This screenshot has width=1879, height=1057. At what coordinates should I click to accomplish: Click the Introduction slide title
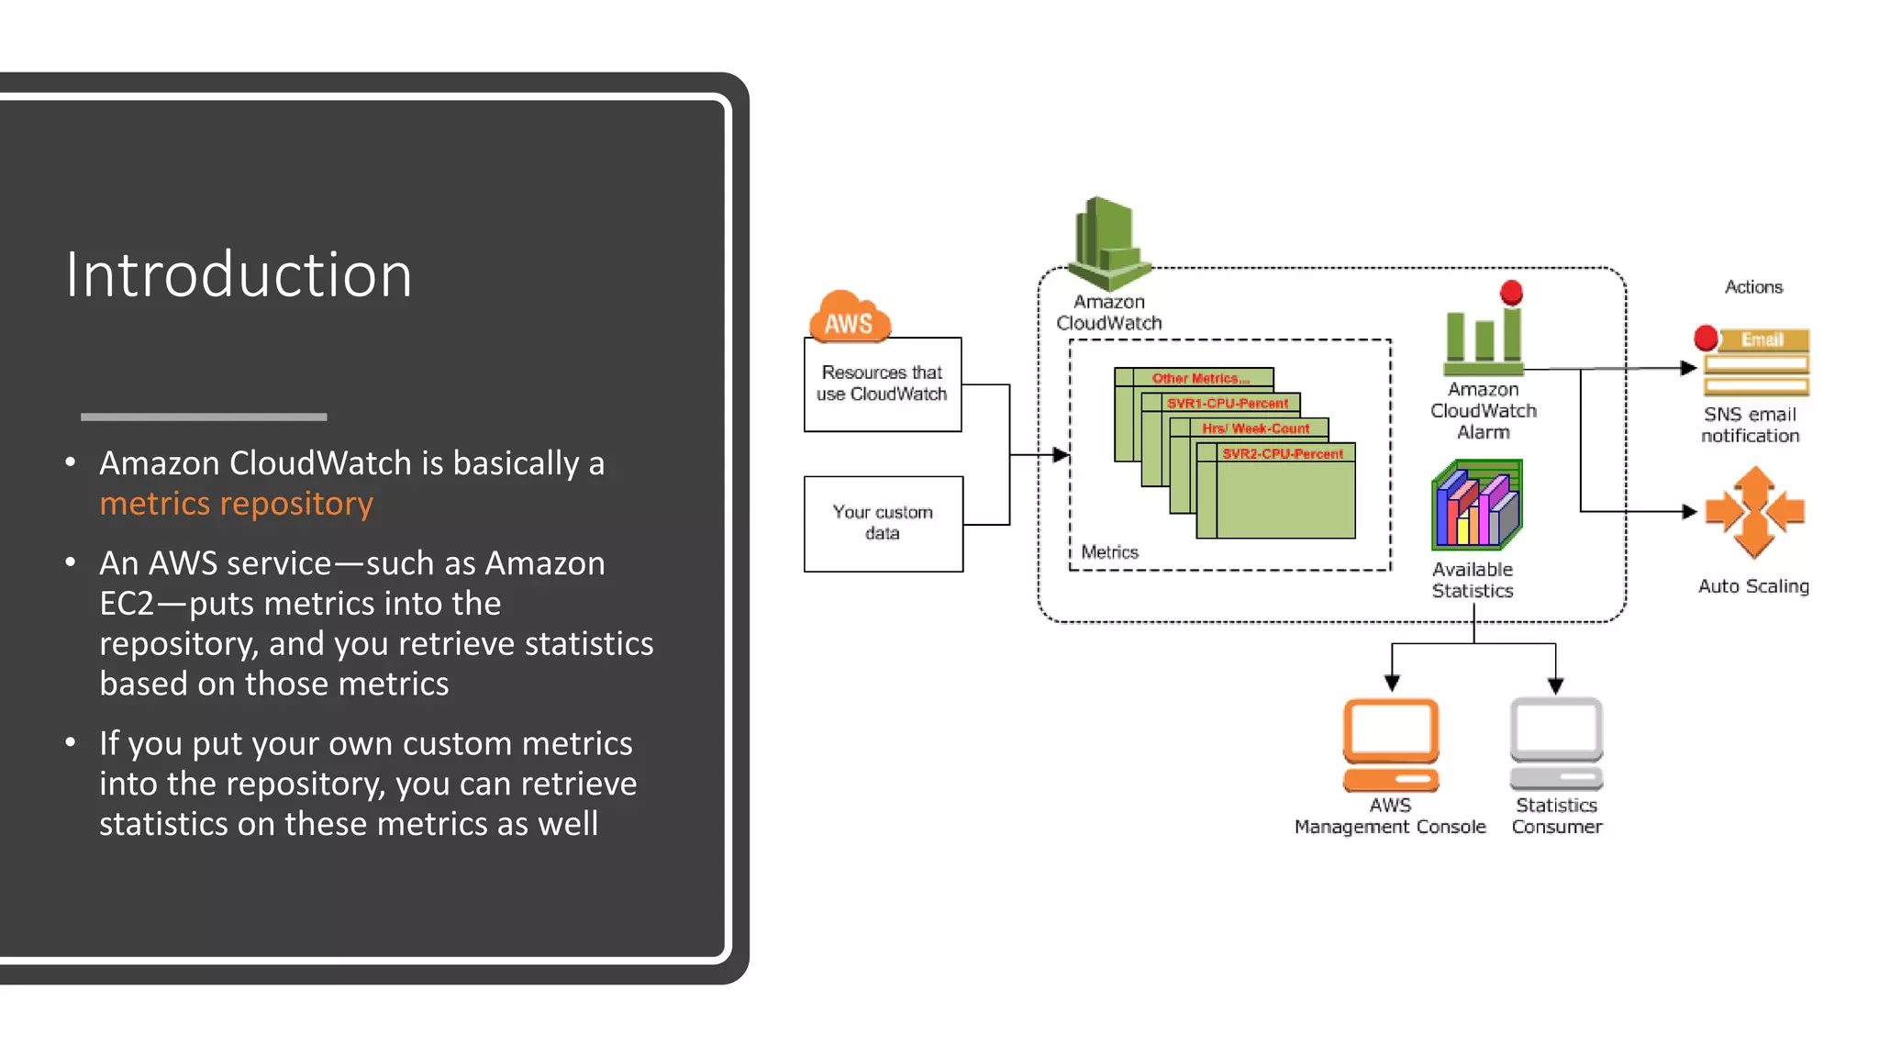coord(239,274)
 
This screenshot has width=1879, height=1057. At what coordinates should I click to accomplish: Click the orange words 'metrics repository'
coord(236,504)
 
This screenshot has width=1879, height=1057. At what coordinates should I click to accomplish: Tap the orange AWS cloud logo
coord(849,317)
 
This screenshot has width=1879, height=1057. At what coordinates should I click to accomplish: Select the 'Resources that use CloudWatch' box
coord(882,384)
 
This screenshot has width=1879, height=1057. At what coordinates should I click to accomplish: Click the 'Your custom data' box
coord(883,523)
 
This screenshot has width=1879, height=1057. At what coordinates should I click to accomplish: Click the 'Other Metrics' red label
coord(1199,378)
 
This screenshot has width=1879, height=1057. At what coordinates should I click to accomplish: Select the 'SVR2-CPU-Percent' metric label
coord(1282,453)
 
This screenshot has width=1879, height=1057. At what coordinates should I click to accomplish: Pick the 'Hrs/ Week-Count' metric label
coord(1255,428)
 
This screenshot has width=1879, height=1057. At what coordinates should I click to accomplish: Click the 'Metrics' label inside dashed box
coord(1109,551)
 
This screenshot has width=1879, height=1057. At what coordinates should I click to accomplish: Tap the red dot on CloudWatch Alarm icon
coord(1511,293)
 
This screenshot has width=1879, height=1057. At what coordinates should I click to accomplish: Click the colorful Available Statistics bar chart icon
coord(1476,506)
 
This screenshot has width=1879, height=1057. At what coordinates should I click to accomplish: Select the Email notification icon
coord(1755,362)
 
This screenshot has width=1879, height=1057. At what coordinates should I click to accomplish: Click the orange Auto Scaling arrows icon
coord(1754,512)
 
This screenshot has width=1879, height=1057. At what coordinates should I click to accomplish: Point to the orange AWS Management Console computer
coord(1391,744)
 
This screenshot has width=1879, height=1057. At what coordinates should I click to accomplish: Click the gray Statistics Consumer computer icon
coord(1556,742)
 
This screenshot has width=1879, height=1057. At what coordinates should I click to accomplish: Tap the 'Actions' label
coord(1753,287)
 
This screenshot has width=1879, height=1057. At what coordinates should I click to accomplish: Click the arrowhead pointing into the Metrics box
coord(1061,454)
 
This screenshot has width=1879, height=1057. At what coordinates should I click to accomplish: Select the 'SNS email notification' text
coord(1750,425)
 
